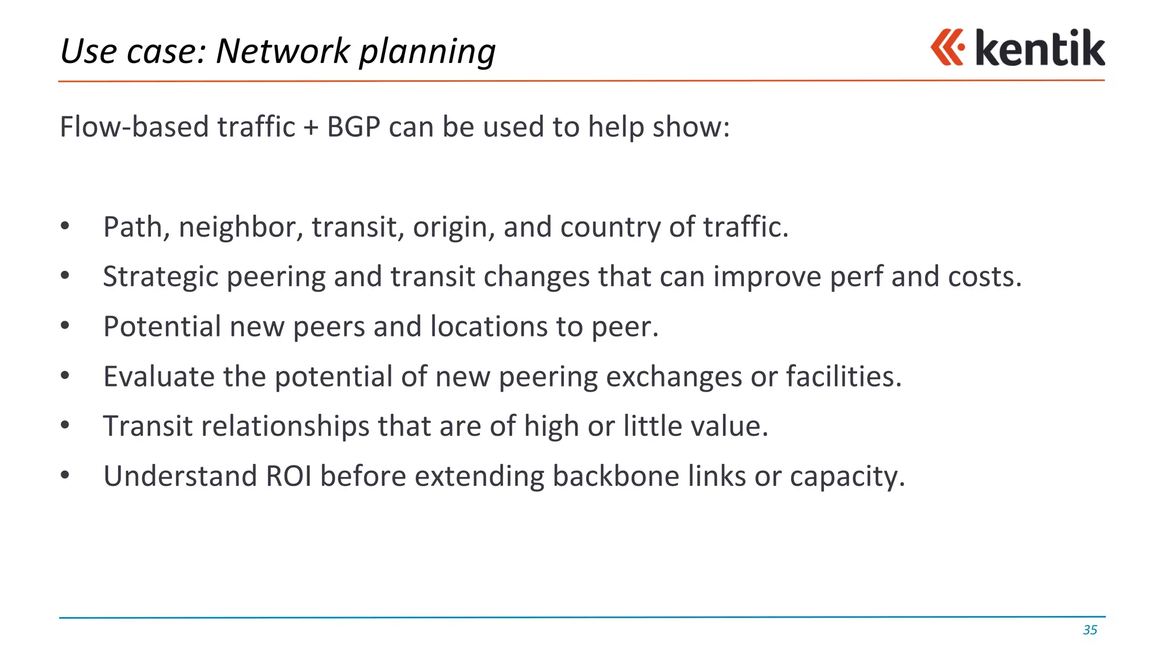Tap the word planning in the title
(x=427, y=52)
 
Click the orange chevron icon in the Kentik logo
(x=947, y=47)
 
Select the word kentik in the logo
(x=1040, y=48)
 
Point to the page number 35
(x=1090, y=630)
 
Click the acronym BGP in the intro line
(x=353, y=127)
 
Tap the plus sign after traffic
(x=311, y=127)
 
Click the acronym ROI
(x=288, y=476)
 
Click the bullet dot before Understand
(x=65, y=475)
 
